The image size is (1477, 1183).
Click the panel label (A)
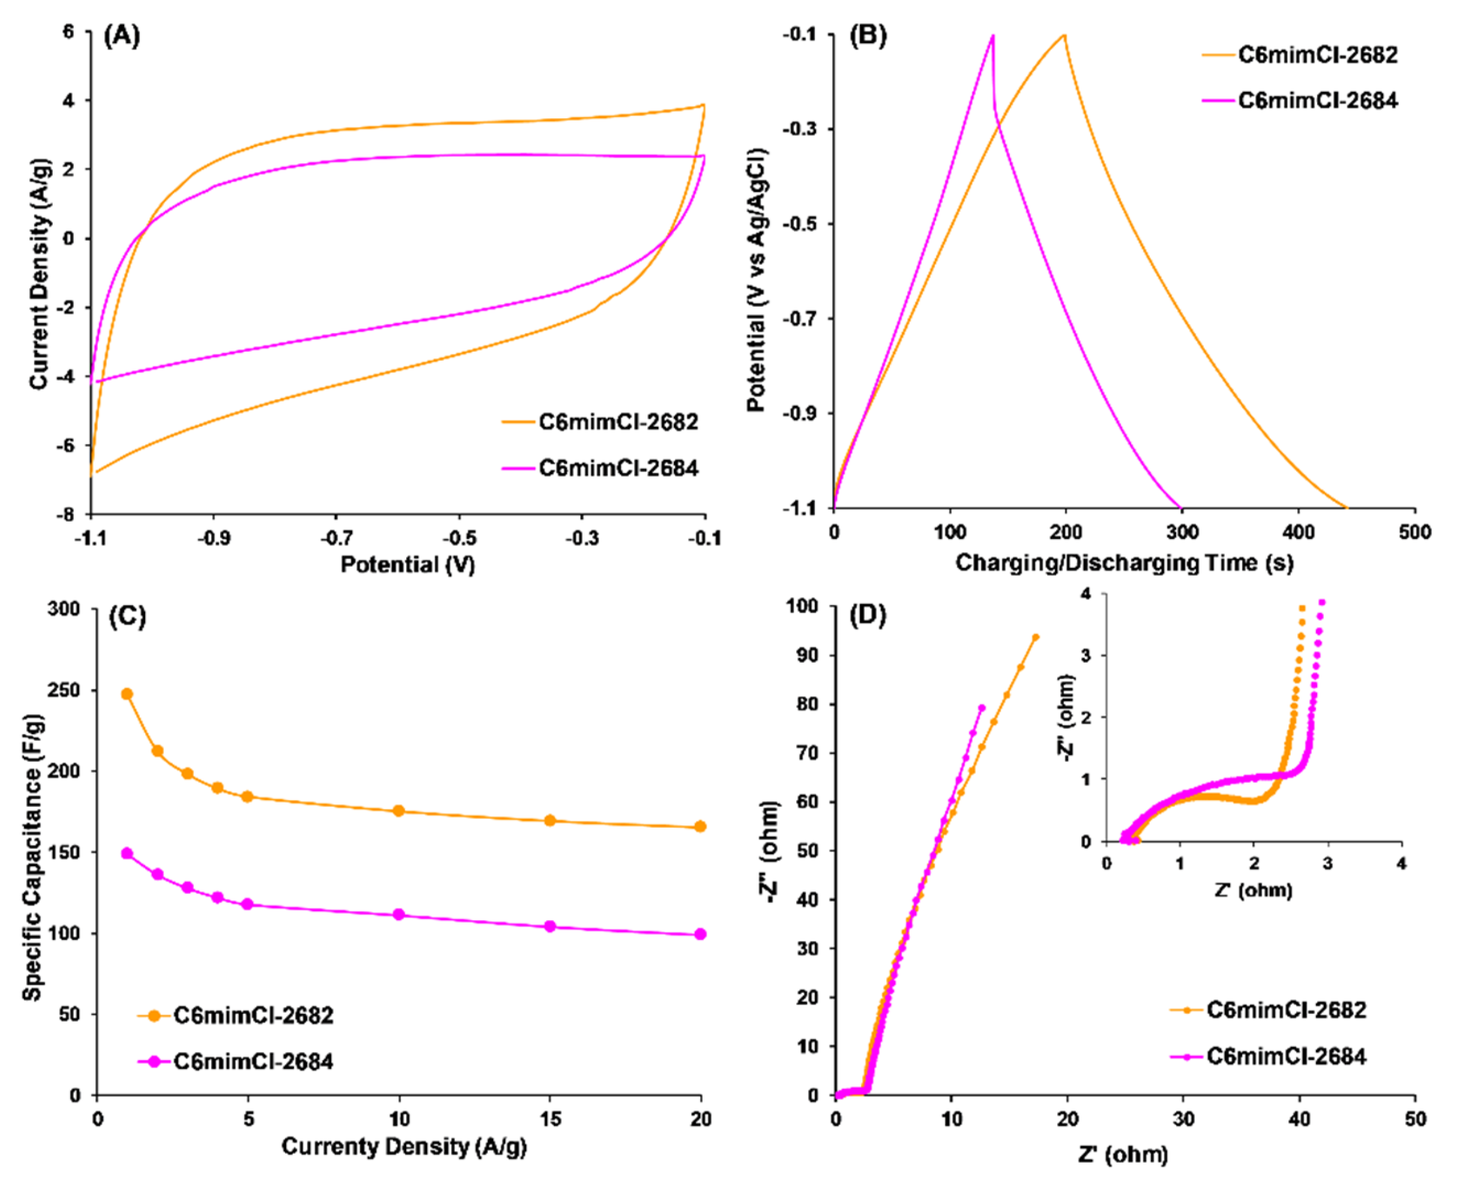coord(121,36)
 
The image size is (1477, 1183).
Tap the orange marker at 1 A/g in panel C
coord(126,694)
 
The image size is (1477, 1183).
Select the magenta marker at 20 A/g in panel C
coord(700,934)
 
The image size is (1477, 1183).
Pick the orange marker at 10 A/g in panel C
coord(399,811)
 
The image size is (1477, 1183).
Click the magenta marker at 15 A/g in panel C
coord(550,927)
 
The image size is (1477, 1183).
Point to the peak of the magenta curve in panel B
coord(993,36)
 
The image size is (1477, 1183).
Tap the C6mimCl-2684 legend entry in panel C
coord(253,1062)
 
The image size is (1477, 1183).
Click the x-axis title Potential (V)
coord(407,565)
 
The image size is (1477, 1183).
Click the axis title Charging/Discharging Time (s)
coord(1124,563)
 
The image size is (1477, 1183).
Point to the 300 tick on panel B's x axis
coord(1183,532)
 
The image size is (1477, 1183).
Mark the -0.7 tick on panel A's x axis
coord(337,539)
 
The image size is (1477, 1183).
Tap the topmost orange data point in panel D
coord(1035,637)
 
